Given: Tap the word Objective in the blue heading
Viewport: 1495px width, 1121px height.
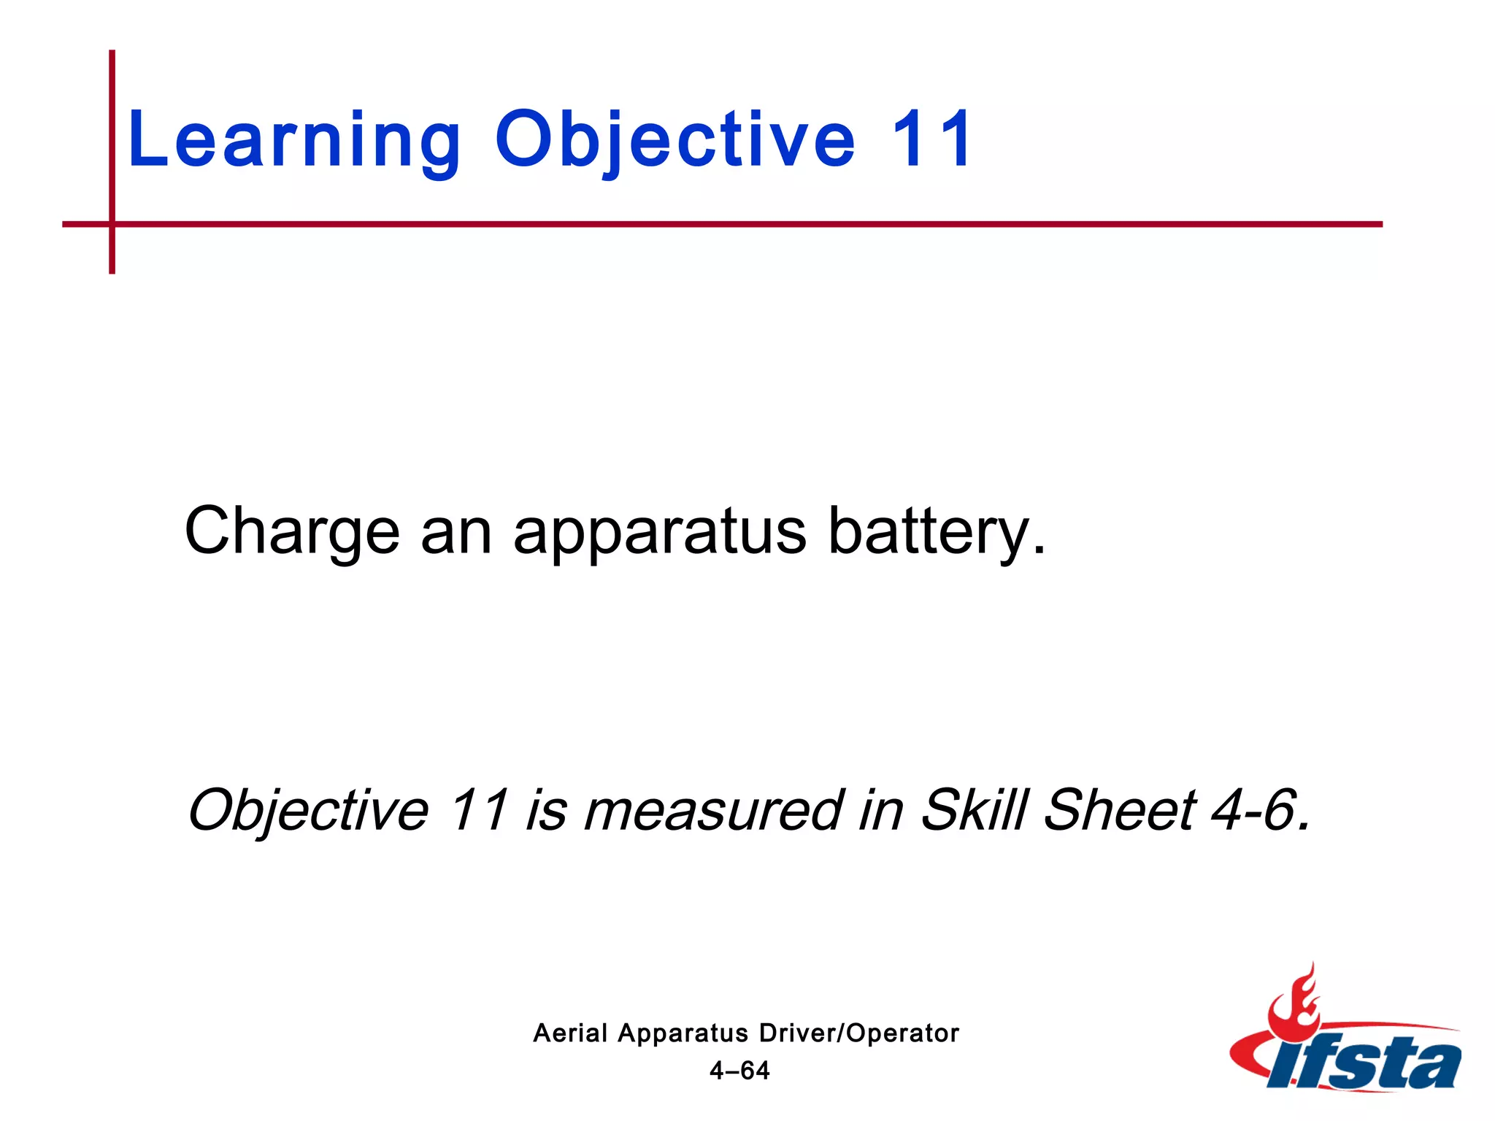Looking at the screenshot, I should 675,140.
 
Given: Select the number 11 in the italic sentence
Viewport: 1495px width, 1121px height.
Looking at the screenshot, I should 478,809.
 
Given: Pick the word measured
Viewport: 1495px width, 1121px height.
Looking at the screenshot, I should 713,810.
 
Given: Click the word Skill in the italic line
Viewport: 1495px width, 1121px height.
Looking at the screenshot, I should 974,809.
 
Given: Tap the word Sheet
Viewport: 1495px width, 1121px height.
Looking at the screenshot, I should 1120,809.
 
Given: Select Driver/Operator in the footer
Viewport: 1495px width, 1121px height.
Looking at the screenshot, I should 858,1033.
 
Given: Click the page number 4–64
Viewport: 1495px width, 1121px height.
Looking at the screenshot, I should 739,1071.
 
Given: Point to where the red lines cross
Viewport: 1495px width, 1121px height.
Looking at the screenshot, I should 112,224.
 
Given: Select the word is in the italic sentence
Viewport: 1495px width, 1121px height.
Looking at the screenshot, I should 546,810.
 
